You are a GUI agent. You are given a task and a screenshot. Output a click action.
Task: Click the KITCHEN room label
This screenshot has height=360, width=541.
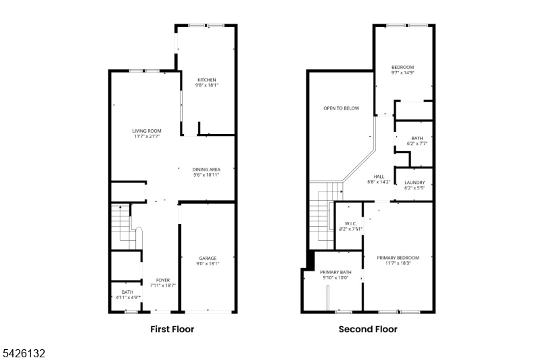pos(206,80)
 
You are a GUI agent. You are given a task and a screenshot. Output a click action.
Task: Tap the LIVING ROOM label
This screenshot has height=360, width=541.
pos(146,131)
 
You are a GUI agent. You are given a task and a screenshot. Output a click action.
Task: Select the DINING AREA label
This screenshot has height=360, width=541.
pos(206,169)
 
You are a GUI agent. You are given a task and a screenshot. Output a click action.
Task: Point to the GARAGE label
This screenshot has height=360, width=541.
pos(208,258)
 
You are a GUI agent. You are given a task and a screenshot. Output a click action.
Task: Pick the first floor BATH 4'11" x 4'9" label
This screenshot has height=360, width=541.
pos(127,294)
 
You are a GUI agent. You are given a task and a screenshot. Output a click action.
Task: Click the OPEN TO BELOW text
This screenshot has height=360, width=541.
pos(341,108)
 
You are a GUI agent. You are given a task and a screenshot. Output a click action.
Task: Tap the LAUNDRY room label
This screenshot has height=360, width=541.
pos(415,183)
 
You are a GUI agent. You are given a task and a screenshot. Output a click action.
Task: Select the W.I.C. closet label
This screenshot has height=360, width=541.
pos(350,224)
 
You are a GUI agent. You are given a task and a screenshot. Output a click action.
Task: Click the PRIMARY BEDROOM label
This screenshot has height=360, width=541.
pos(398,258)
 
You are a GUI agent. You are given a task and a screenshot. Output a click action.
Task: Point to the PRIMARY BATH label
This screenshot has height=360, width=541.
pos(336,272)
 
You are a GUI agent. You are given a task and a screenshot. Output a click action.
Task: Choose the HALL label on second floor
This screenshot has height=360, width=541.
pos(379,177)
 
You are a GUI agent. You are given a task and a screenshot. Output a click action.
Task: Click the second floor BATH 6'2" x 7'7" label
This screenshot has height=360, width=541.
pos(417,139)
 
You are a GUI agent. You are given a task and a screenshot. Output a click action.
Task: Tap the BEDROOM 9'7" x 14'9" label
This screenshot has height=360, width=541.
pos(403,68)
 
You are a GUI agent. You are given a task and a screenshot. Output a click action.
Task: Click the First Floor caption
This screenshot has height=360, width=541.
pos(172,330)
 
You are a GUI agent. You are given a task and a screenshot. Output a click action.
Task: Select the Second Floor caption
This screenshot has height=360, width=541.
pos(368,330)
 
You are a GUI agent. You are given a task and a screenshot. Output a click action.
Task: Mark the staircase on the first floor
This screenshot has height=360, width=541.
pos(122,226)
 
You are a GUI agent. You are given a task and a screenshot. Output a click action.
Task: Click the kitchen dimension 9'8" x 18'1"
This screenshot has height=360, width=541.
pos(206,85)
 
